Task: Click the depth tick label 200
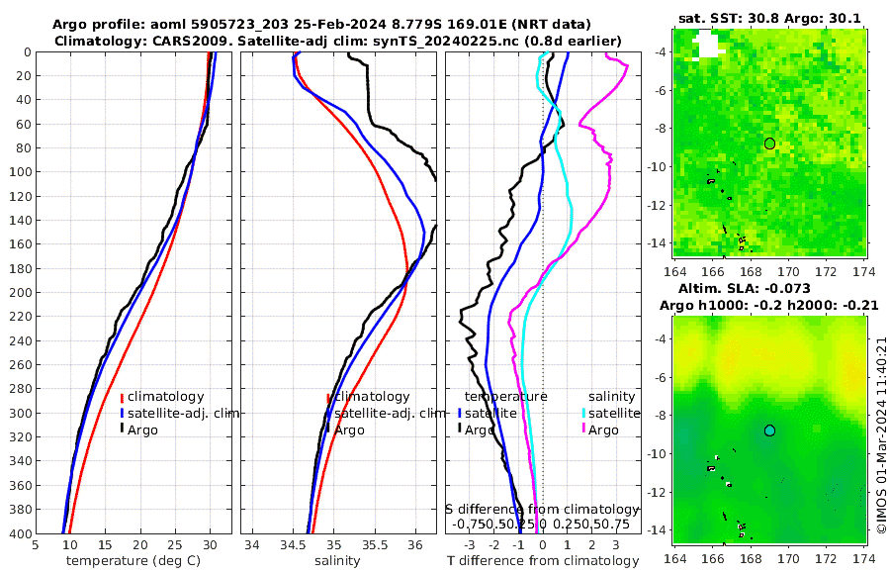(x=18, y=293)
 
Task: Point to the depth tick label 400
(x=18, y=533)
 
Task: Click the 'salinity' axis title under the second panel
(x=337, y=561)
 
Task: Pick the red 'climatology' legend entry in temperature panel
(x=165, y=397)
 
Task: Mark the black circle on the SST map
(x=769, y=143)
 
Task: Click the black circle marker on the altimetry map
(x=769, y=430)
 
